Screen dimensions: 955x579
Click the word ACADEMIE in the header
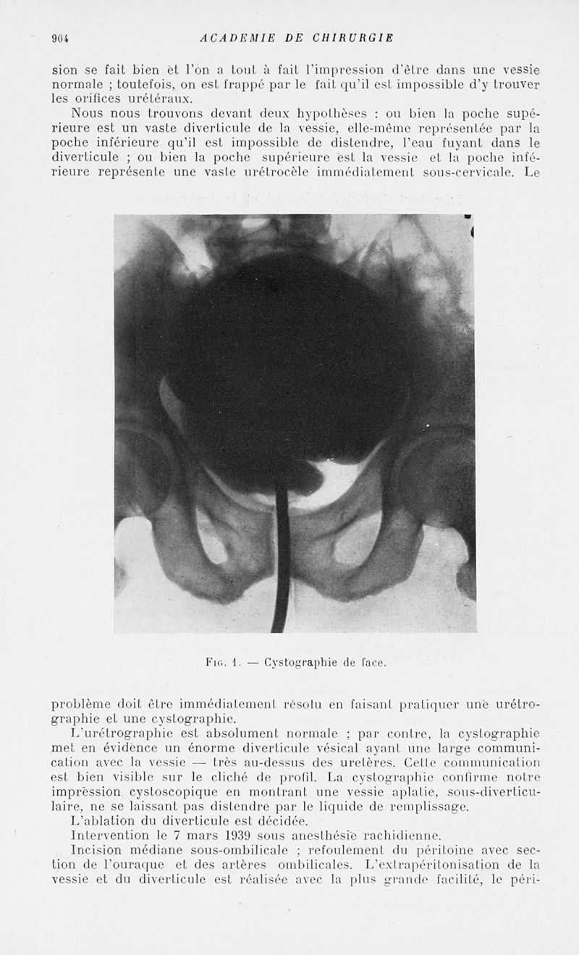pyautogui.click(x=234, y=38)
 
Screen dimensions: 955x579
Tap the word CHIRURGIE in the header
pyautogui.click(x=352, y=38)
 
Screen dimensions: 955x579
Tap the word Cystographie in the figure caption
pyautogui.click(x=296, y=661)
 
